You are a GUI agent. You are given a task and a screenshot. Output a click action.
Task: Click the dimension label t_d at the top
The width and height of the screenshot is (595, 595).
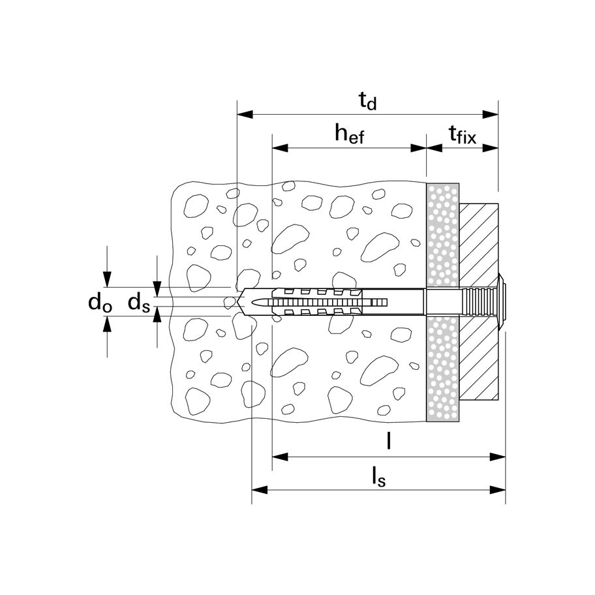click(x=367, y=101)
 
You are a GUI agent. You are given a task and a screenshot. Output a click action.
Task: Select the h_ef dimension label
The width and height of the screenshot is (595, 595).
click(x=349, y=134)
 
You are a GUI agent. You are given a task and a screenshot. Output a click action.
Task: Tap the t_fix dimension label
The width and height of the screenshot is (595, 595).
click(x=462, y=134)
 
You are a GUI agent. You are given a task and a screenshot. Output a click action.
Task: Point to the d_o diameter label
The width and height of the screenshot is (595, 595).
click(x=100, y=303)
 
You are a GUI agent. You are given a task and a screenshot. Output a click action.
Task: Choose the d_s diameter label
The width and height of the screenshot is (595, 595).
click(x=139, y=303)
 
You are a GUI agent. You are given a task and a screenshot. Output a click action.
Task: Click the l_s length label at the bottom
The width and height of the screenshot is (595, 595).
click(x=378, y=477)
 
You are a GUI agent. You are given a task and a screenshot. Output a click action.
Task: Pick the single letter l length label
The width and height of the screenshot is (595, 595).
click(x=388, y=440)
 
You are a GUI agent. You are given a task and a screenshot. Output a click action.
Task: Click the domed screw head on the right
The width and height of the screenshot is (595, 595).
click(x=502, y=302)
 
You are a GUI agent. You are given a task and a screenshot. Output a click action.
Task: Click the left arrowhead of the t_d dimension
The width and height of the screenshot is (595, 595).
click(x=245, y=114)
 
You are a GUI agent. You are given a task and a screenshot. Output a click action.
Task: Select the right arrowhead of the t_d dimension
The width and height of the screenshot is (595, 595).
click(x=490, y=114)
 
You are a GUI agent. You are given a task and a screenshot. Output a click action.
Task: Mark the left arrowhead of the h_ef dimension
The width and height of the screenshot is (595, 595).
click(x=280, y=147)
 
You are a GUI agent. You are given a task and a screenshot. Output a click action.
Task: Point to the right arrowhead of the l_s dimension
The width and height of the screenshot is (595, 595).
click(x=498, y=490)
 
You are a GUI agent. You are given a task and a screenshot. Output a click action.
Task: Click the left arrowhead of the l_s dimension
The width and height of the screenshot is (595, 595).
click(x=260, y=490)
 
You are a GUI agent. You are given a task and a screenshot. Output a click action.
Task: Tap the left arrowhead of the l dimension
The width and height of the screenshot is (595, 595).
click(x=280, y=457)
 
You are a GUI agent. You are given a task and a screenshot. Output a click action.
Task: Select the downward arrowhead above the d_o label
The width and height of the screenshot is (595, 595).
click(x=108, y=280)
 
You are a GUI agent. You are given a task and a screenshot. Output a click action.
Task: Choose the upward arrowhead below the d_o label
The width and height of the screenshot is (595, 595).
click(x=108, y=324)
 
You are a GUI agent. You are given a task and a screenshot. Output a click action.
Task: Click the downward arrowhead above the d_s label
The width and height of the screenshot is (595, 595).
click(x=157, y=289)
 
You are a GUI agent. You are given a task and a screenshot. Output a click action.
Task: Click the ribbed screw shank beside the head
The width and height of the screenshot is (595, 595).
click(x=480, y=302)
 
